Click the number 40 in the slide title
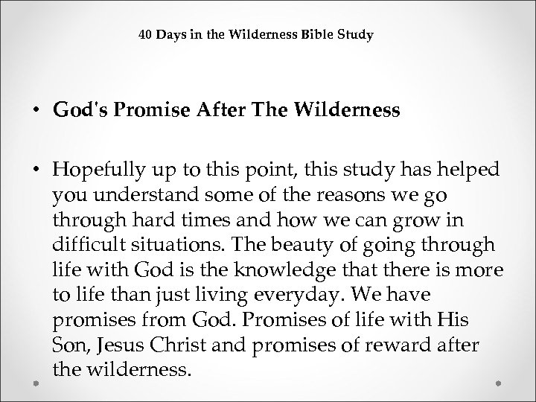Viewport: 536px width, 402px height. click(147, 34)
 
